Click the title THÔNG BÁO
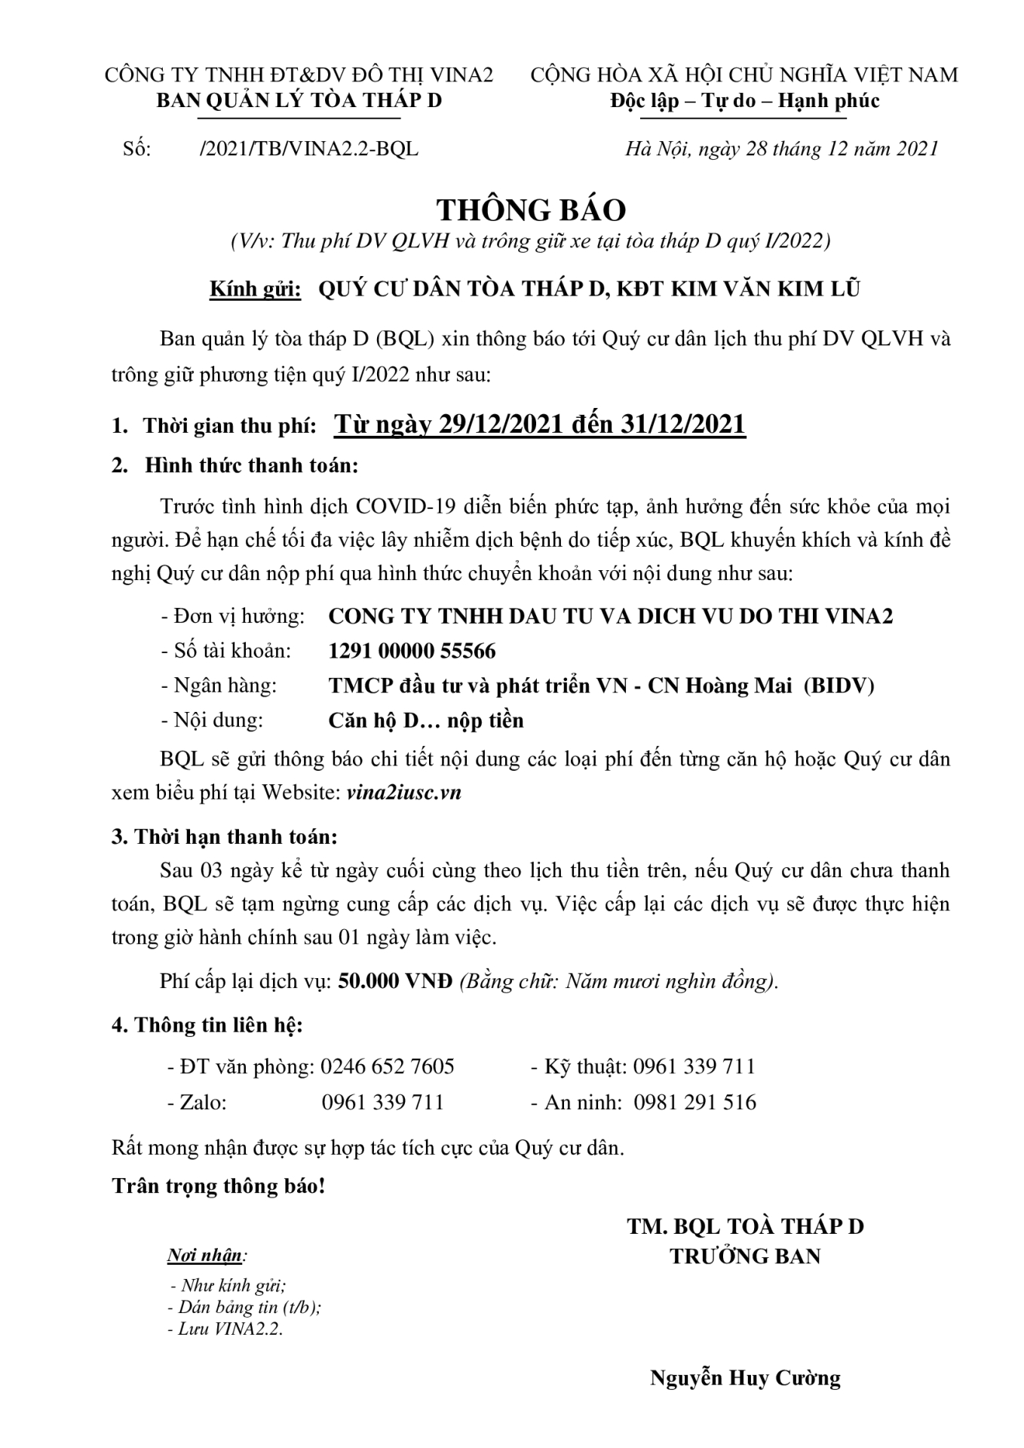tap(532, 210)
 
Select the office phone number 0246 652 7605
tap(387, 1066)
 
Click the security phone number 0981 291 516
tap(694, 1103)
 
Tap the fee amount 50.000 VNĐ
tap(395, 981)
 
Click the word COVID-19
tap(400, 506)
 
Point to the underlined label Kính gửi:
tap(255, 289)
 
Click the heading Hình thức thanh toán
tap(251, 465)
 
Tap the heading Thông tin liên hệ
tap(218, 1025)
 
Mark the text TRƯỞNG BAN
tap(745, 1256)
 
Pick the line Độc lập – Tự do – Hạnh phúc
tap(744, 100)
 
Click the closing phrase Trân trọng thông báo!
tap(219, 1186)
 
